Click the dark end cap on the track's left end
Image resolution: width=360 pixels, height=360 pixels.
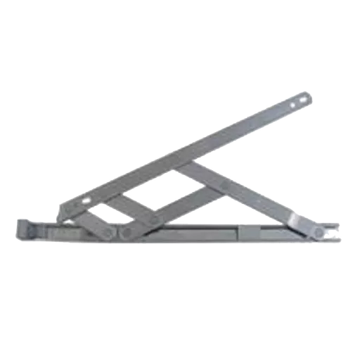click(23, 229)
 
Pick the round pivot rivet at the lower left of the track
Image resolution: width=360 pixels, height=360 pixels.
click(127, 230)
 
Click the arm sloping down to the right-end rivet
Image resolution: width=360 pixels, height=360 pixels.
click(260, 204)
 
